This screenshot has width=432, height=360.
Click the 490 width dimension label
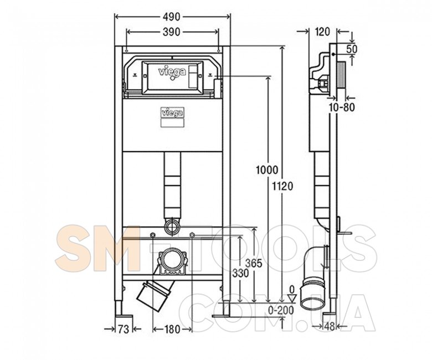coord(172,17)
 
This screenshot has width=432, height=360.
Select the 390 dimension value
coord(171,32)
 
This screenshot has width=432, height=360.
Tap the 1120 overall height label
coord(283,187)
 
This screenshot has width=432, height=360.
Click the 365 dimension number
coord(254,264)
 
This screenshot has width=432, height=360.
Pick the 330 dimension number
coord(240,273)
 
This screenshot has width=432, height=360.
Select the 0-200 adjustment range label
coord(281,310)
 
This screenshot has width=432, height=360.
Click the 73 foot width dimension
coord(123,329)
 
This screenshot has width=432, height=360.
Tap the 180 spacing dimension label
coord(172,329)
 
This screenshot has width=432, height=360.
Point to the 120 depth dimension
coord(322,32)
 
